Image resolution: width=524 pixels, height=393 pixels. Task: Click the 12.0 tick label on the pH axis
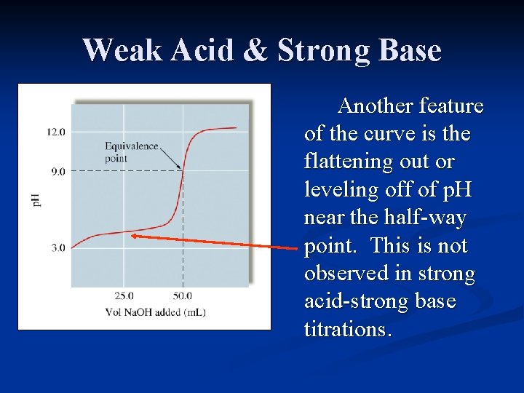click(56, 132)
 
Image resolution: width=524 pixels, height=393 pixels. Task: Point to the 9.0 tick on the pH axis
click(56, 172)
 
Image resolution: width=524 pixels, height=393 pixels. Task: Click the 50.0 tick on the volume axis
click(182, 295)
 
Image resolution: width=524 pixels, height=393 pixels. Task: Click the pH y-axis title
click(37, 197)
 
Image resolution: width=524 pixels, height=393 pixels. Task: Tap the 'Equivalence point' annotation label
click(131, 152)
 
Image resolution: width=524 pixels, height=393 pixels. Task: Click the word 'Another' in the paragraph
click(376, 106)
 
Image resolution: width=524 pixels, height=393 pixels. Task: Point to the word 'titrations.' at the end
click(348, 329)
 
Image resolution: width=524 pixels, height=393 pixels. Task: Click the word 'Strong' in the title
click(325, 51)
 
